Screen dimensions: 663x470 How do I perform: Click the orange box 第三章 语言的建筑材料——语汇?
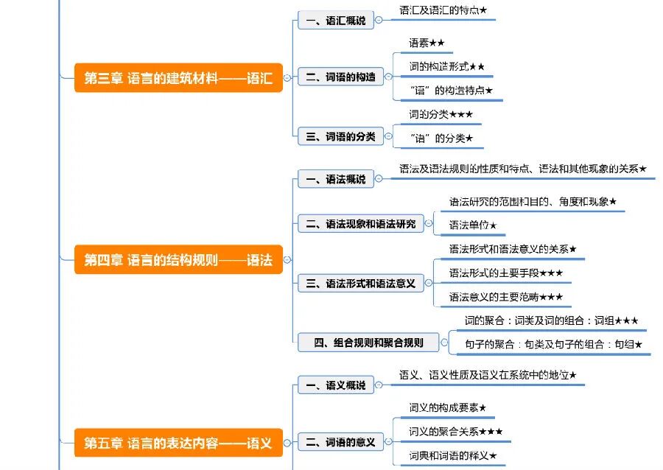pos(178,77)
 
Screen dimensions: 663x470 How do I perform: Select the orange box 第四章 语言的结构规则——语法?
pos(178,259)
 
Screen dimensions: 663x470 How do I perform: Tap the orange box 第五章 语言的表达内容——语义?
pos(178,443)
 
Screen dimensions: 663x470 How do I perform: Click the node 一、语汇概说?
pos(335,21)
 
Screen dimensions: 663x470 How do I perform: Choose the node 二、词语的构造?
pos(340,77)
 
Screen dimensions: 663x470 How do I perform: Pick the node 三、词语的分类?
pos(340,136)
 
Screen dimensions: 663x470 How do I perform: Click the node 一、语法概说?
pos(335,179)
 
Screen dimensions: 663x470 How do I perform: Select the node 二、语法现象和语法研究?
pos(361,224)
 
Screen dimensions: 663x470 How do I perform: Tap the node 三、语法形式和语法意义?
pos(361,283)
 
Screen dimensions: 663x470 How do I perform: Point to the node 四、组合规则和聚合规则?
pos(368,342)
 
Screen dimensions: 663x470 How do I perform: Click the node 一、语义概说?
pos(335,385)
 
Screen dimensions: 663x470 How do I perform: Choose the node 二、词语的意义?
pos(340,443)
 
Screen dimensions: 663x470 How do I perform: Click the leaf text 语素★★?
pos(427,43)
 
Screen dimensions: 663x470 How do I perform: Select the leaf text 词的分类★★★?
pos(441,114)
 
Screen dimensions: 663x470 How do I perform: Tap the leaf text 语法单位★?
pos(473,225)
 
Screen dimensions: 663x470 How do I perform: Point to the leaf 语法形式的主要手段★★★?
pos(506,273)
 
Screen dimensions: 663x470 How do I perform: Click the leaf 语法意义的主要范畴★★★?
pos(506,297)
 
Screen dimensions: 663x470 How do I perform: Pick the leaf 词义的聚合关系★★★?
pos(456,431)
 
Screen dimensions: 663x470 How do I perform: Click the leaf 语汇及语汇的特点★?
pos(443,11)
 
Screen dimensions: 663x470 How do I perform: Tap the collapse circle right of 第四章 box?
pos(288,259)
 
